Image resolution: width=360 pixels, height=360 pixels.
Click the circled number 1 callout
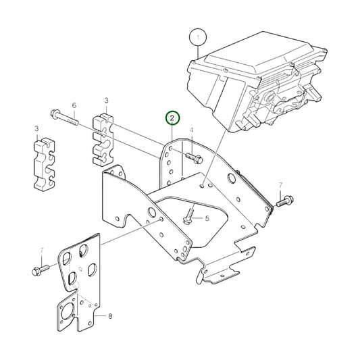click(197, 35)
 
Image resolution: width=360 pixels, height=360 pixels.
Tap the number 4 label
click(191, 130)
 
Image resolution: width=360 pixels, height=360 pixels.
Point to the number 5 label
click(207, 218)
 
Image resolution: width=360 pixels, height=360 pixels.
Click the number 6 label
click(74, 105)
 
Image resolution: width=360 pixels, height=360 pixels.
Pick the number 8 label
click(111, 315)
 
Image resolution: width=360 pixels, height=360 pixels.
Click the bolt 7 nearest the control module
click(283, 200)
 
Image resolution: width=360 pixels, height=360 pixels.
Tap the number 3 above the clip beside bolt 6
click(106, 101)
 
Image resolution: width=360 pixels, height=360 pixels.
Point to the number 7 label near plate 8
click(41, 251)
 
